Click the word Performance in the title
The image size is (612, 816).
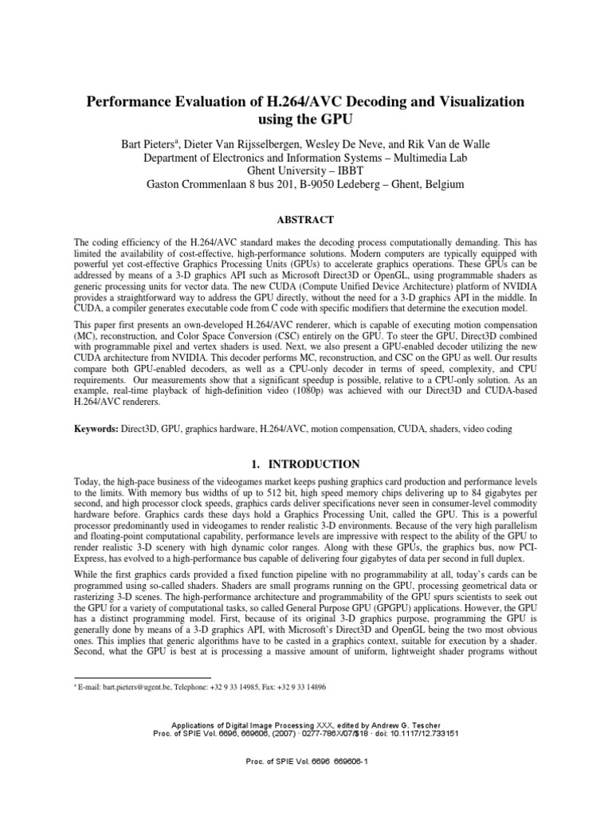pos(135,102)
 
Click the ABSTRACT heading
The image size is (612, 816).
pos(306,220)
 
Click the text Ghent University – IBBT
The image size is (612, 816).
pos(305,171)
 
